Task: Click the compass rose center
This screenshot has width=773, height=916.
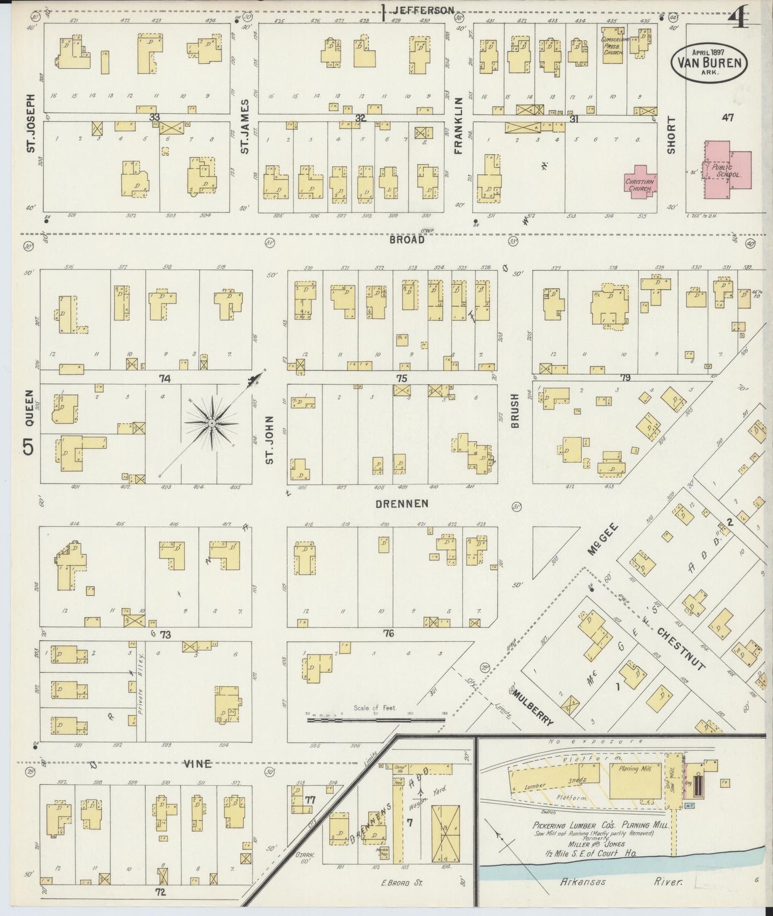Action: (212, 423)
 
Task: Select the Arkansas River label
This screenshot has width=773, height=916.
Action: (621, 881)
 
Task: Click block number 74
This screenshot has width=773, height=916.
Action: (164, 378)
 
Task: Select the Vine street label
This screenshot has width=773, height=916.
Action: (197, 764)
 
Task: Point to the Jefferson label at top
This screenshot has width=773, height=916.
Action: (424, 10)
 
